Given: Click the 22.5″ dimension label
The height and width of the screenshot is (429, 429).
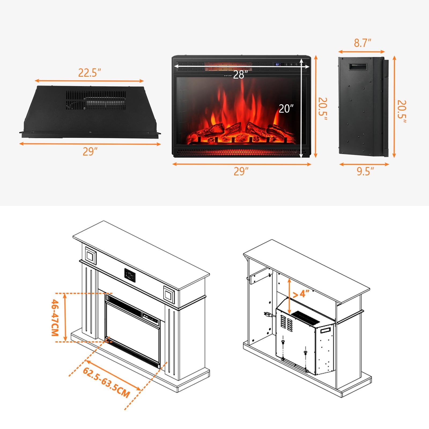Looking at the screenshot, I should coord(90,73).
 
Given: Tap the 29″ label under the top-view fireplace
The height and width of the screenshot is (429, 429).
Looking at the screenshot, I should coord(90,152).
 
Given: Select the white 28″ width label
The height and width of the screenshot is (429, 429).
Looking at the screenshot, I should coord(238,75).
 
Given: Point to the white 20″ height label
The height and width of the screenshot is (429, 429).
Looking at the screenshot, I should coord(286,109).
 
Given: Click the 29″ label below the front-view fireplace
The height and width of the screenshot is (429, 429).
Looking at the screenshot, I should coord(241,171).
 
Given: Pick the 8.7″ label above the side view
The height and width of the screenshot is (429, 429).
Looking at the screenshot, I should coord(363,43).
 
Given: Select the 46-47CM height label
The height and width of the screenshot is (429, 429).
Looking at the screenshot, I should coord(55,317).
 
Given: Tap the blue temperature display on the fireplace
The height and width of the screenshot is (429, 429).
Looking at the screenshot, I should coord(278,65).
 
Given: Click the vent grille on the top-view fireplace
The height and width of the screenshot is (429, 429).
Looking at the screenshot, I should coord(96,100).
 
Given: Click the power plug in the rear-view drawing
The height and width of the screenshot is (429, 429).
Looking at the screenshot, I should coord(267,314).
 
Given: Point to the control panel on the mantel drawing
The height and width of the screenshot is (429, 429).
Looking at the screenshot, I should coord(130,275).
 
